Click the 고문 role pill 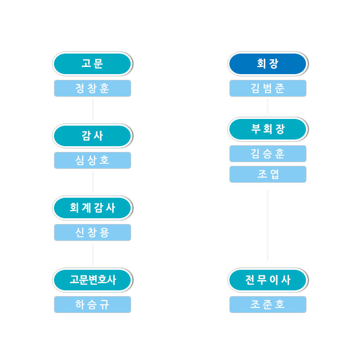point(93,64)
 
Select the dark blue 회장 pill point(267,64)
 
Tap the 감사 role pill point(93,136)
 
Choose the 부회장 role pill point(267,129)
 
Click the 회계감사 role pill point(93,208)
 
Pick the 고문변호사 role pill point(93,280)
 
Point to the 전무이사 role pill point(267,280)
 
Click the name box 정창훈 point(93,88)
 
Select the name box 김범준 point(267,88)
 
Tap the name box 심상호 point(93,160)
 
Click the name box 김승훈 point(267,153)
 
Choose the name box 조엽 point(267,174)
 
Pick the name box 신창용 point(93,232)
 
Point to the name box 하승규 point(93,304)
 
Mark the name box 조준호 point(267,304)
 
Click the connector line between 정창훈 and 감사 point(93,110)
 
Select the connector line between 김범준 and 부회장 point(267,106)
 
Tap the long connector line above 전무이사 point(267,226)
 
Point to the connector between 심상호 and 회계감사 point(93,182)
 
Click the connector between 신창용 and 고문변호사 point(93,254)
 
